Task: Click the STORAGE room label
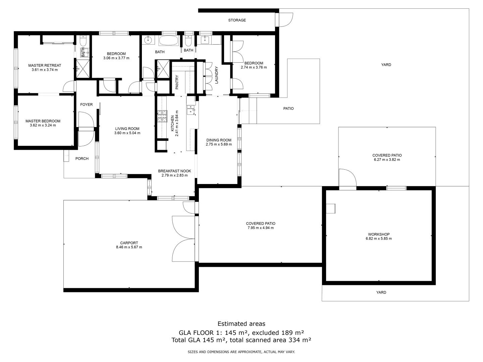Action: coord(237,20)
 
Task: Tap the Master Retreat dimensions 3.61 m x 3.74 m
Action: coord(45,70)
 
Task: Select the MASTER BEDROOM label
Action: coord(43,121)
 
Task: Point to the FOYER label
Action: coord(86,105)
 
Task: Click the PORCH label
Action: coord(82,159)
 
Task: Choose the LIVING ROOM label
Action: coord(127,129)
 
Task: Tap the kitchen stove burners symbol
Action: coord(162,116)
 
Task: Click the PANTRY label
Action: coord(177,82)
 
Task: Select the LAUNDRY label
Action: coord(217,75)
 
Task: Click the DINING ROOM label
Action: coord(219,140)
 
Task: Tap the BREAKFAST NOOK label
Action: coord(174,171)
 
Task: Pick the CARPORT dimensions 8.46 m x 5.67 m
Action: coord(129,247)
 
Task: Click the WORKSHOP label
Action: coord(379,234)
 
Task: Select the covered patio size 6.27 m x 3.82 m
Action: coord(387,160)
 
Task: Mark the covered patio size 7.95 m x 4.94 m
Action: coord(261,228)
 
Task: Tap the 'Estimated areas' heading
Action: coord(241,324)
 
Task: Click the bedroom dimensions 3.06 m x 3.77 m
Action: coord(116,58)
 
